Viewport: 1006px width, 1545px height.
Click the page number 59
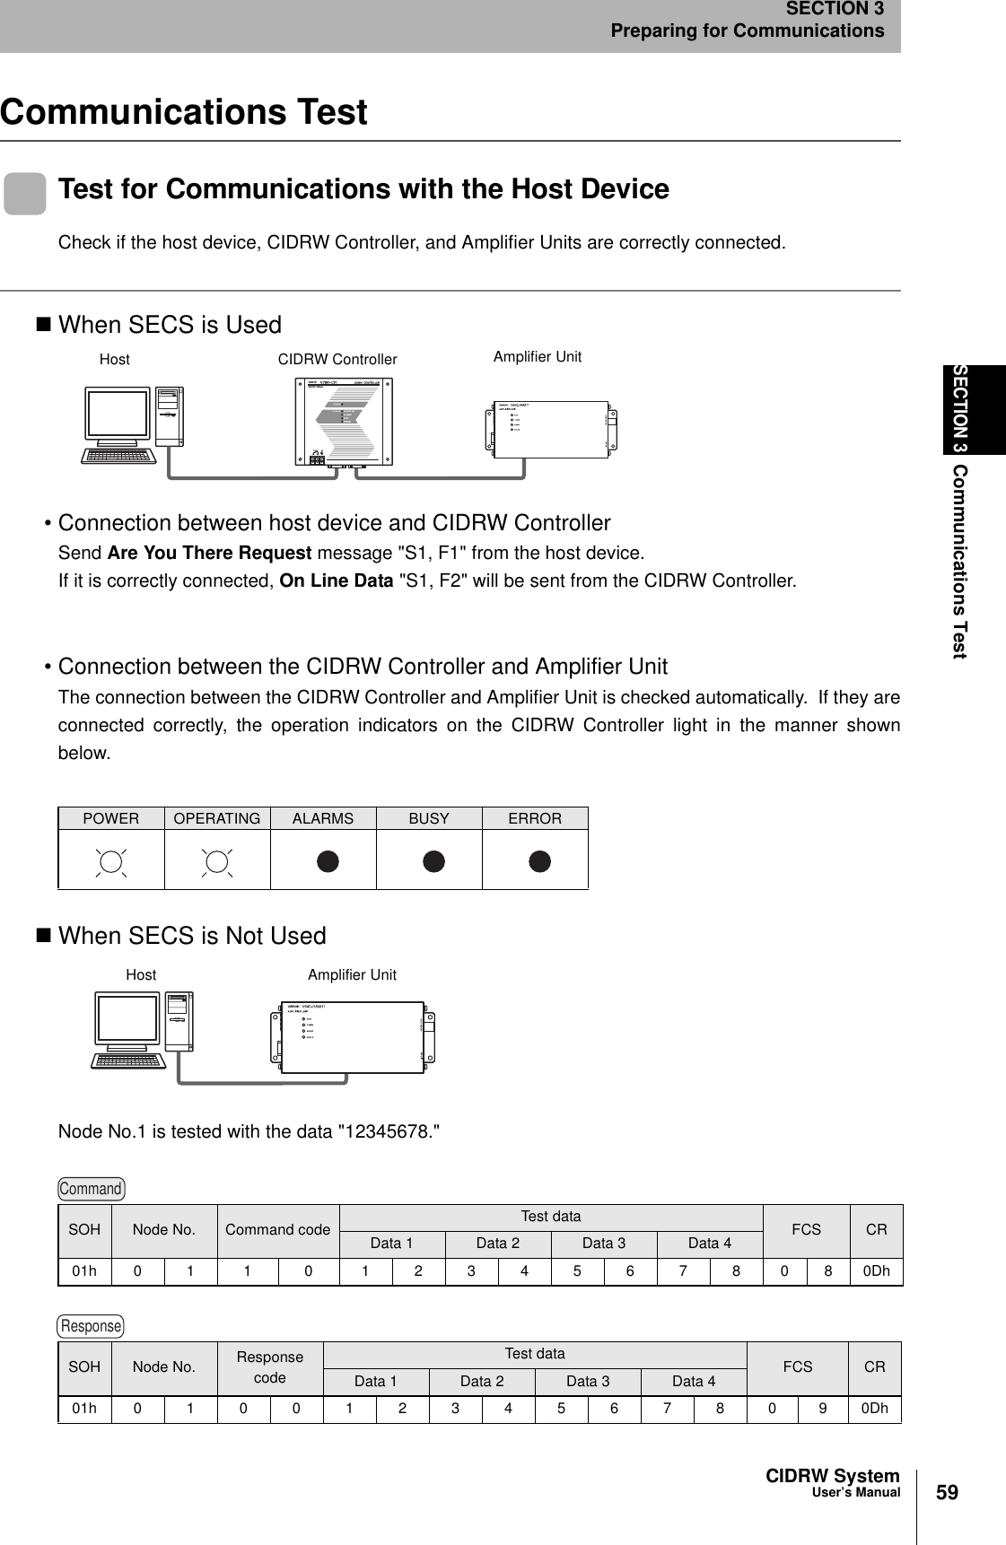(x=947, y=1493)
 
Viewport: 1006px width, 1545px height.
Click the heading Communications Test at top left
(x=184, y=112)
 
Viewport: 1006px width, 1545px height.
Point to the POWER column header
(x=111, y=818)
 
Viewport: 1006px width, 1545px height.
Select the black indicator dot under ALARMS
(x=328, y=861)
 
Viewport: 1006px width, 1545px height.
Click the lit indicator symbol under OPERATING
(x=217, y=861)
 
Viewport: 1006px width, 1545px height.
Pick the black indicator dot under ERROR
(x=538, y=861)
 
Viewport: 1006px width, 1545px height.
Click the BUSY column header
(x=429, y=818)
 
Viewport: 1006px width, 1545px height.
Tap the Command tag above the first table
(x=91, y=1189)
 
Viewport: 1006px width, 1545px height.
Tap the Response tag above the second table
(x=91, y=1325)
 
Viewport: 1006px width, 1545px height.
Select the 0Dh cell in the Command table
(x=876, y=1271)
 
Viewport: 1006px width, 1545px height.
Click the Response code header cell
(x=269, y=1367)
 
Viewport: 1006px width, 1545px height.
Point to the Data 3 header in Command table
(x=604, y=1243)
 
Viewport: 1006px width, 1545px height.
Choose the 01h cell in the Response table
(x=84, y=1408)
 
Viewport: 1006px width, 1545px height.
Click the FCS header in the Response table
(x=797, y=1366)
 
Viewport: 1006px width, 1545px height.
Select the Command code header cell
(x=277, y=1229)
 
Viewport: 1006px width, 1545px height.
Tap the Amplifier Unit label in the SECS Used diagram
(x=537, y=356)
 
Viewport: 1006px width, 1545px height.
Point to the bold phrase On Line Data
(x=336, y=580)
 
